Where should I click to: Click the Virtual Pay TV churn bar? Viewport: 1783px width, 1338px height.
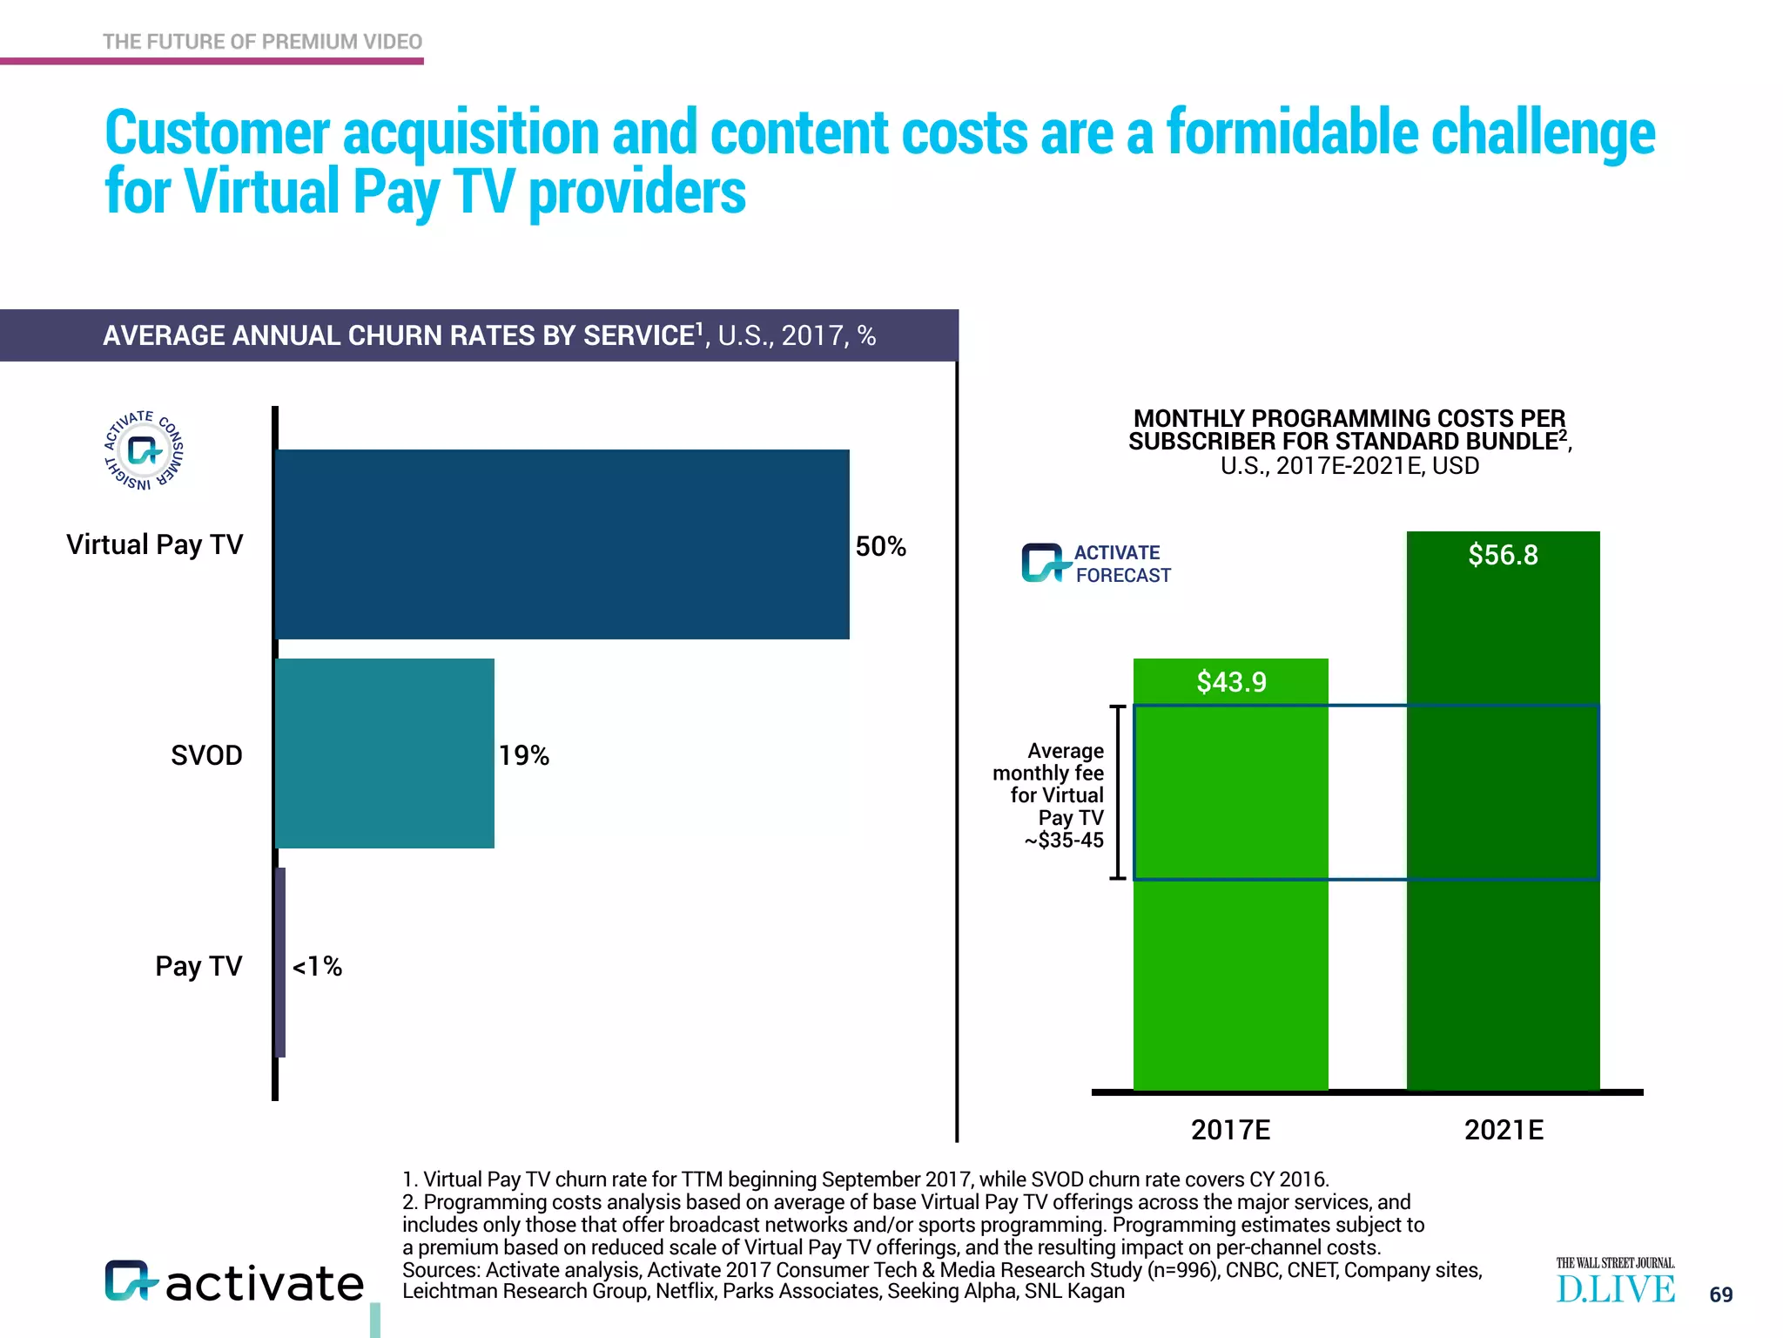click(x=562, y=544)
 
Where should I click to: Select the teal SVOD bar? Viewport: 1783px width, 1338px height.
click(x=385, y=753)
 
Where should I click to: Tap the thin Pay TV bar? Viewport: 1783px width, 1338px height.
click(x=280, y=963)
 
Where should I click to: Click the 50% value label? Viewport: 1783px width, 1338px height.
click(x=880, y=546)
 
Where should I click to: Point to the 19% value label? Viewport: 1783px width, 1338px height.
click(x=523, y=755)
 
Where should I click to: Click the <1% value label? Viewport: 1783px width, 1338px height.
click(x=317, y=966)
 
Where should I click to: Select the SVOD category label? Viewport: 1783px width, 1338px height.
click(x=206, y=755)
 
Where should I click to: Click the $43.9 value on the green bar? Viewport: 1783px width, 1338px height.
click(x=1231, y=681)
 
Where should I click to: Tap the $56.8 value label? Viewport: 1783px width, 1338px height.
click(x=1503, y=555)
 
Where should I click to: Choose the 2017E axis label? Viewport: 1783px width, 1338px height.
click(x=1230, y=1130)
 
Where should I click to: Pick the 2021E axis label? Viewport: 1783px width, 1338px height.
click(x=1504, y=1130)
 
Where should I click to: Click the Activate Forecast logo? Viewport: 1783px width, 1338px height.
click(x=1095, y=564)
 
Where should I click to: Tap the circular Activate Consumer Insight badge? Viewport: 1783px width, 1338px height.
click(x=144, y=450)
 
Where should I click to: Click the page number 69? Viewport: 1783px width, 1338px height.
click(x=1720, y=1294)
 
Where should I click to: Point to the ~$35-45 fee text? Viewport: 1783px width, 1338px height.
click(x=1064, y=841)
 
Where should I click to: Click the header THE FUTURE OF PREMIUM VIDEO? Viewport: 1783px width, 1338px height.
click(x=262, y=42)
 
